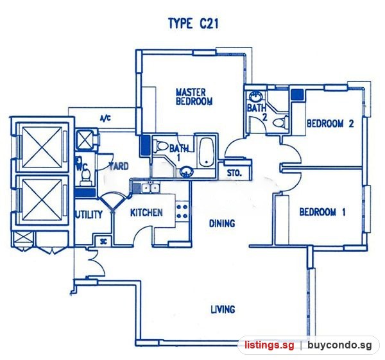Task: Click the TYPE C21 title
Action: click(x=194, y=24)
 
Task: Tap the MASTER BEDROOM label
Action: click(x=194, y=97)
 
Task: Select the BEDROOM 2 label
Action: click(x=330, y=123)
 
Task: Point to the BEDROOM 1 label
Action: click(x=322, y=212)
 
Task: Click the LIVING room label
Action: click(x=223, y=309)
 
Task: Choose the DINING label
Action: click(x=222, y=223)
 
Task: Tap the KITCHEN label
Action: click(x=146, y=212)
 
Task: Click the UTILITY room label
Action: click(x=89, y=214)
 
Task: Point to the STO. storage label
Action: click(x=234, y=173)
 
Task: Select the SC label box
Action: click(x=103, y=242)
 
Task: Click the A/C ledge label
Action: click(x=105, y=119)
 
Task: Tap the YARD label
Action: click(x=119, y=166)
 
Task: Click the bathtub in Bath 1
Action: click(x=206, y=152)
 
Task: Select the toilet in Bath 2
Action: click(x=280, y=123)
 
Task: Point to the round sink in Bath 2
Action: click(x=255, y=96)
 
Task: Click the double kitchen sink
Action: click(x=151, y=188)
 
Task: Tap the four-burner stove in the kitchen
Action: click(x=182, y=211)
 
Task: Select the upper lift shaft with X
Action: click(x=42, y=147)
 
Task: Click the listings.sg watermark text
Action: click(x=269, y=345)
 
